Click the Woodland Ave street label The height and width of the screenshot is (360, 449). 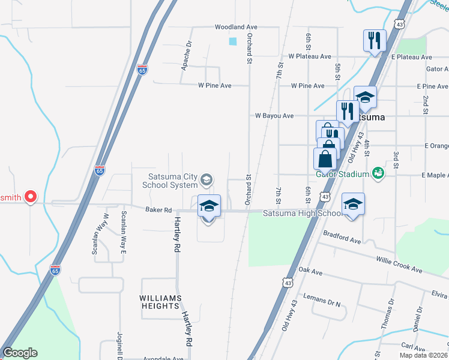coord(237,27)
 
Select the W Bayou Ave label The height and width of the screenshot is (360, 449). coord(274,115)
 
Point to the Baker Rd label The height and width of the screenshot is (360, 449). coord(158,210)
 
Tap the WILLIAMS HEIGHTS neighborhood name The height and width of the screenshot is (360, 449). coord(160,302)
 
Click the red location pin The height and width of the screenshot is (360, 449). coord(30,196)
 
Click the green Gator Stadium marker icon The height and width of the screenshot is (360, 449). coord(378,173)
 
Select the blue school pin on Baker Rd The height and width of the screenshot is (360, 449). coord(208,206)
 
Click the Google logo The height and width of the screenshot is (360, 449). coord(20,353)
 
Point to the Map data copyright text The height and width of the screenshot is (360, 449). coord(423,355)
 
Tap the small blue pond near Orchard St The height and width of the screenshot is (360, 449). coord(233,41)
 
